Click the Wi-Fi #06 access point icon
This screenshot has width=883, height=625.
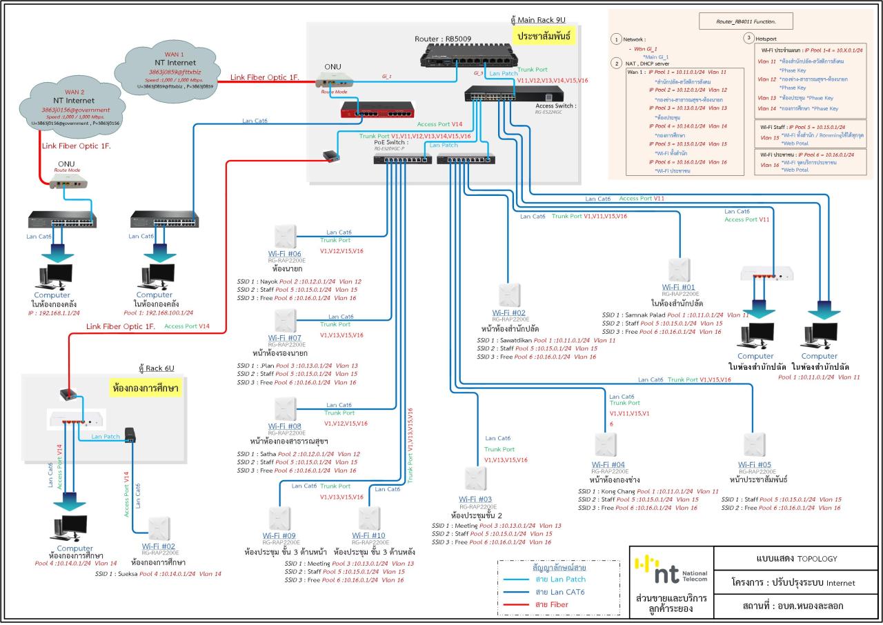(x=285, y=236)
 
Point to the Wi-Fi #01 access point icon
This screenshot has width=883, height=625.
(x=679, y=270)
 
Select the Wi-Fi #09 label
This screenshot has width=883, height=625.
(x=279, y=535)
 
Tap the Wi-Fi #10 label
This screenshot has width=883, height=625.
(x=368, y=535)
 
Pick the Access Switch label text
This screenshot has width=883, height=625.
(x=555, y=106)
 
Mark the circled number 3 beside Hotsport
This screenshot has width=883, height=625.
(x=749, y=39)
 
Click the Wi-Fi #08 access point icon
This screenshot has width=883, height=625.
(x=285, y=409)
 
